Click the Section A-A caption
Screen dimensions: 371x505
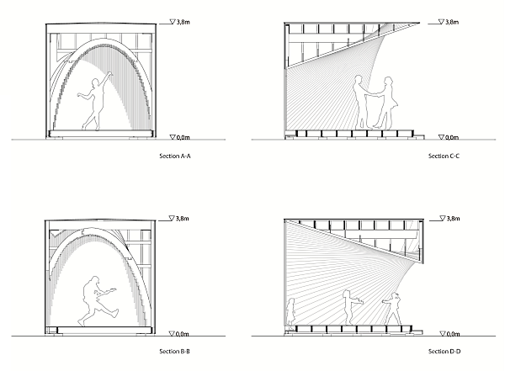176,156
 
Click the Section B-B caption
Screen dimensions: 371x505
176,351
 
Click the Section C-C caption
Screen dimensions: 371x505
444,156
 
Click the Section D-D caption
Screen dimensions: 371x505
444,351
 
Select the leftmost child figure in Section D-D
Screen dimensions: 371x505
291,311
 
